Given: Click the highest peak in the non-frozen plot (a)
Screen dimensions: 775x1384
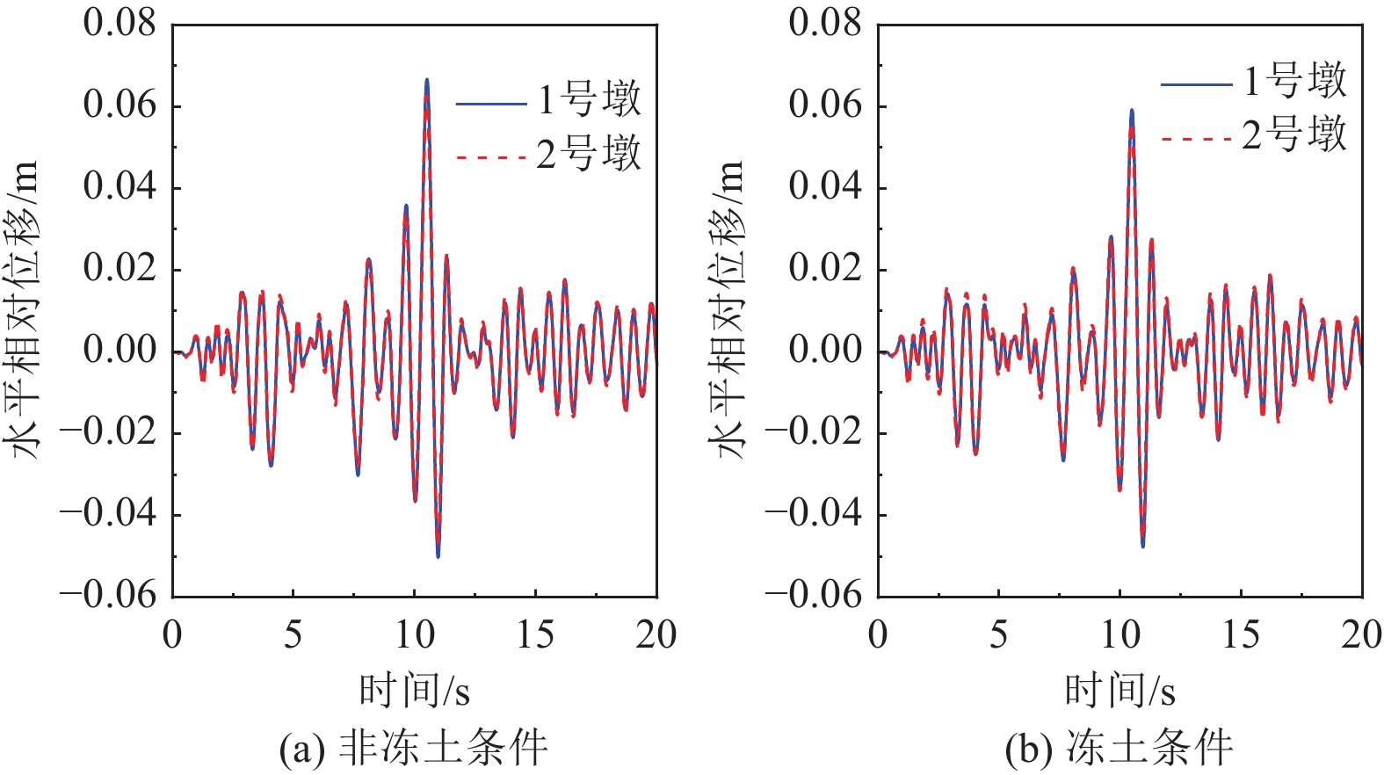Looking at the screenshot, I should click(x=427, y=81).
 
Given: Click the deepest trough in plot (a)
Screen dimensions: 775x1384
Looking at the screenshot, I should click(x=438, y=555).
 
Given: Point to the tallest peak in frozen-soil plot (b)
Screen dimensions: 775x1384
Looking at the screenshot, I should click(x=1132, y=111).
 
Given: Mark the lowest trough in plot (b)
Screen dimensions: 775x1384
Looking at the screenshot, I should click(x=1143, y=546).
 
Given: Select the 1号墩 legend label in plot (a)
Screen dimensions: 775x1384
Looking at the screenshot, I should click(x=590, y=99).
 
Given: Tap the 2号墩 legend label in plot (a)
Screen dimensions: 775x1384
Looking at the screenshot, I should click(x=590, y=155).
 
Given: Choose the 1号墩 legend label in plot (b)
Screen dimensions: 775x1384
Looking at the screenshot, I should click(x=1294, y=81).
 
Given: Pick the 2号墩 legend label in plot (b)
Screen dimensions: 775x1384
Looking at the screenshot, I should click(x=1294, y=136).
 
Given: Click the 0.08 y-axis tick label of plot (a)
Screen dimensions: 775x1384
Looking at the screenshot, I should click(x=120, y=24).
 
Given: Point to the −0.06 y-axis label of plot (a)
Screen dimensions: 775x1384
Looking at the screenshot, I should click(x=107, y=596).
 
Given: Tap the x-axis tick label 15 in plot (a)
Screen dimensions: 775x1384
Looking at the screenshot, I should click(x=535, y=634).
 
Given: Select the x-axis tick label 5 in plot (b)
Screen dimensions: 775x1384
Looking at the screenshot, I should click(x=998, y=634).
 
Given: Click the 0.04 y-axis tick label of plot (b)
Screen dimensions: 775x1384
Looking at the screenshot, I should click(x=825, y=187).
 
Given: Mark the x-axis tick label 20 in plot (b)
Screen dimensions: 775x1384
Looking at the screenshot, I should click(x=1361, y=634).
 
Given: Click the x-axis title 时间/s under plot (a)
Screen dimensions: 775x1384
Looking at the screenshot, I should click(x=414, y=691).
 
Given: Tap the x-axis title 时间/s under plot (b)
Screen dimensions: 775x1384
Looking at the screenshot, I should click(x=1120, y=691).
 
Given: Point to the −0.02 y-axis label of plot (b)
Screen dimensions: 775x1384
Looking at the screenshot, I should click(x=813, y=432).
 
